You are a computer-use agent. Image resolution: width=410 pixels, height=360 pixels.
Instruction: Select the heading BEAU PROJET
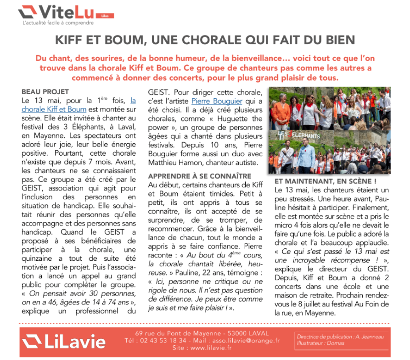[x=45, y=92]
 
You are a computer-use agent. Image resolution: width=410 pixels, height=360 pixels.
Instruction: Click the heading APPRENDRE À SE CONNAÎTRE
[x=200, y=176]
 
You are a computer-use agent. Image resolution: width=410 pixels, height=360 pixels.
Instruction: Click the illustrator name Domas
[x=337, y=343]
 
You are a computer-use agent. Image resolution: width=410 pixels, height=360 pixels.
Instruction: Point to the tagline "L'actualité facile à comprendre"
[x=58, y=22]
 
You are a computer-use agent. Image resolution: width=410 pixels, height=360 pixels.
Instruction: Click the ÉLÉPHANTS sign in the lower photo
[x=299, y=135]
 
